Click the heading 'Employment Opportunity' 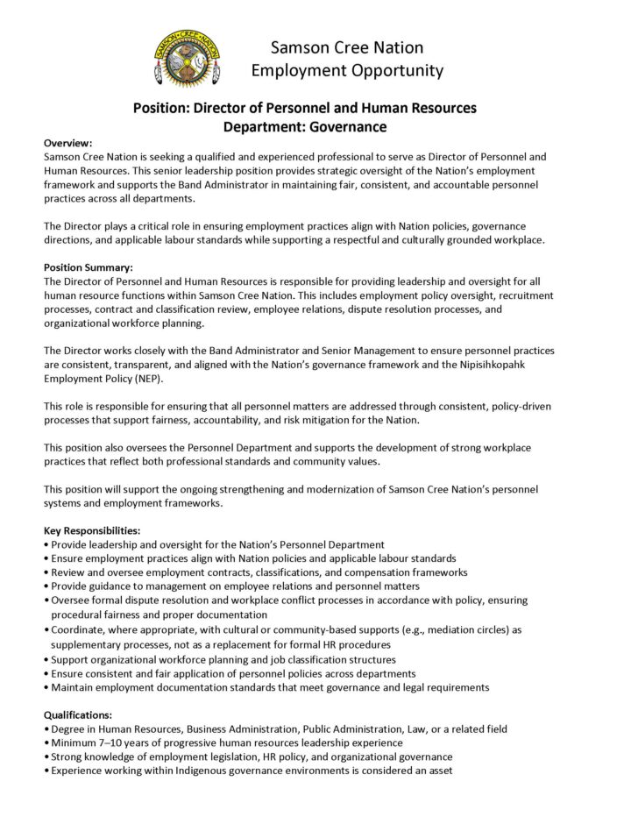pyautogui.click(x=346, y=69)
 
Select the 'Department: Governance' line pyautogui.click(x=304, y=125)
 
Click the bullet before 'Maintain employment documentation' pyautogui.click(x=46, y=687)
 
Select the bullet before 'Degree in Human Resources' pyautogui.click(x=46, y=729)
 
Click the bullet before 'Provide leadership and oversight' pyautogui.click(x=46, y=545)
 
